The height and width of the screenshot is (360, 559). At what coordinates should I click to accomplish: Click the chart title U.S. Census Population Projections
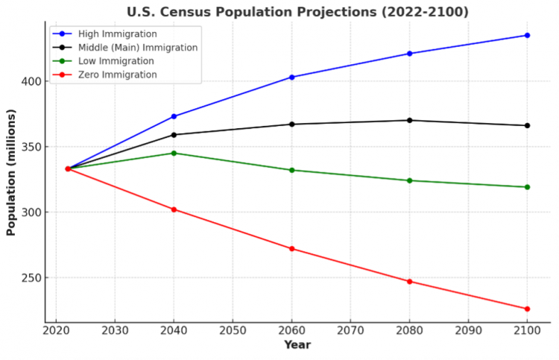click(298, 12)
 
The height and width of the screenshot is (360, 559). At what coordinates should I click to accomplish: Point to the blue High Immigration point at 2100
click(527, 35)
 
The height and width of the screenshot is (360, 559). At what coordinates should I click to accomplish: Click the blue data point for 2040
click(174, 116)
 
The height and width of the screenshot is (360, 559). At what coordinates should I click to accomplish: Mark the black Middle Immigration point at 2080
click(409, 120)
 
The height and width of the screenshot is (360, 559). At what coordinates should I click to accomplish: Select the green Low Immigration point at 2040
click(174, 153)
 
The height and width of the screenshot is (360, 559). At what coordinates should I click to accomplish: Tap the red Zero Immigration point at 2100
click(527, 309)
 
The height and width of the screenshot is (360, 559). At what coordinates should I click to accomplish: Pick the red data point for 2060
click(291, 248)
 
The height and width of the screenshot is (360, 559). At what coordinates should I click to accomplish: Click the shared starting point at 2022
click(68, 168)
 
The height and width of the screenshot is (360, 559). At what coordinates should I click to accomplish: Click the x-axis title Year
click(297, 345)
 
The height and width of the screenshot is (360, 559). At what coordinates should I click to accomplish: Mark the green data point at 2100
click(527, 187)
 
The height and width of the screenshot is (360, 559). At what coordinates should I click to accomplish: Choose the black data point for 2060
click(291, 124)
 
